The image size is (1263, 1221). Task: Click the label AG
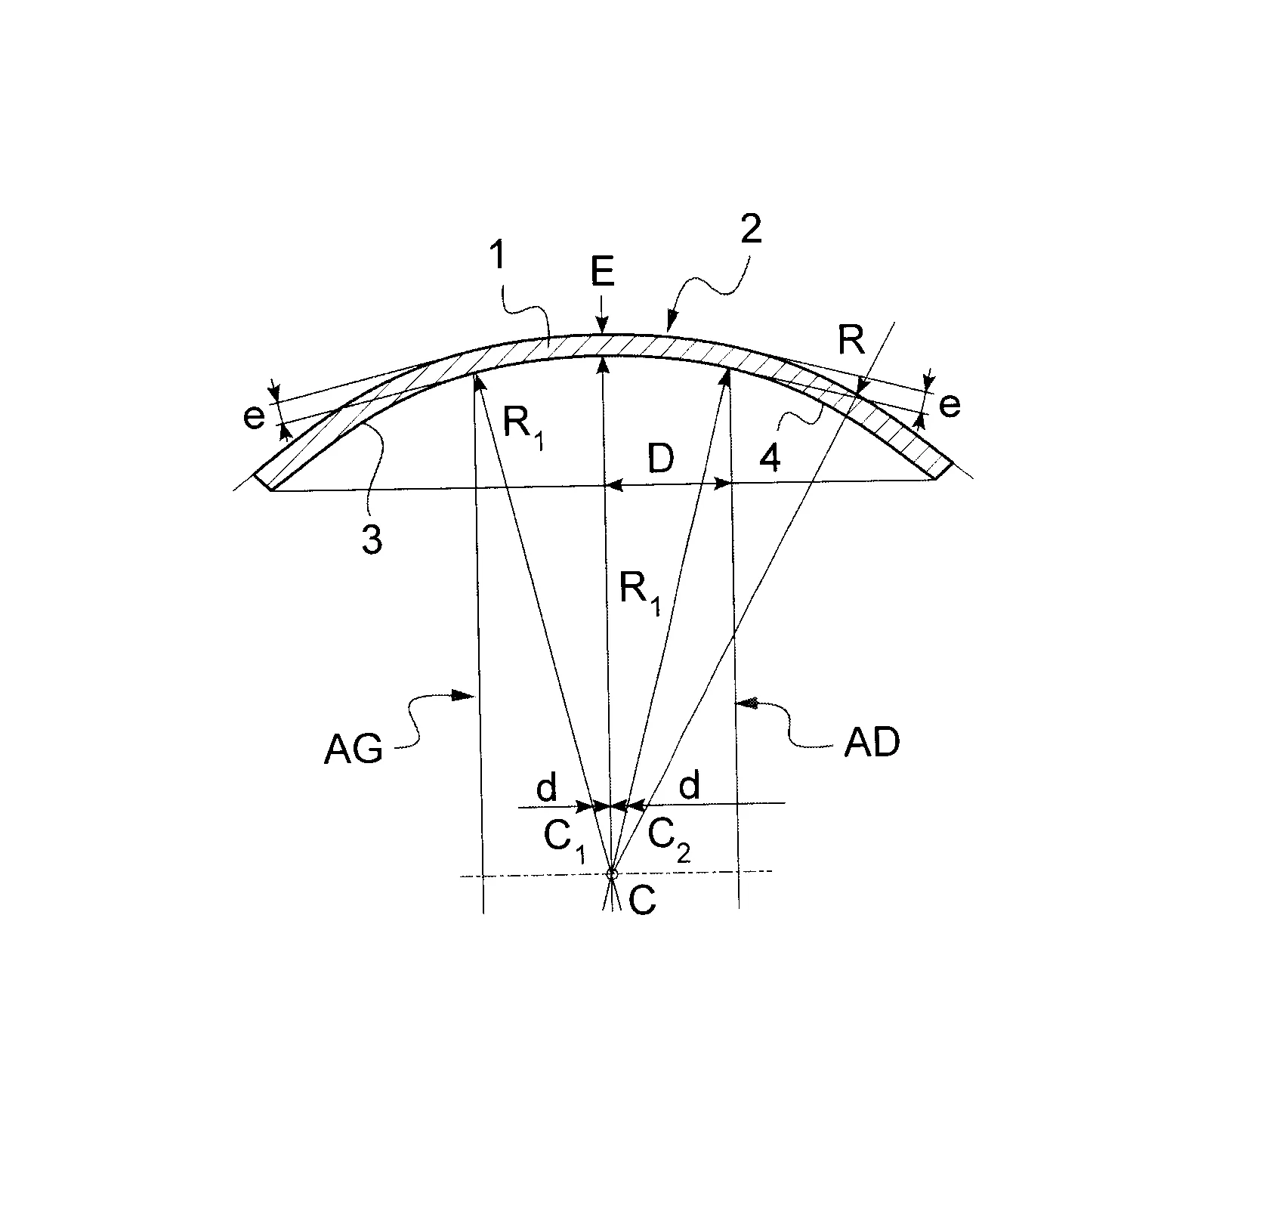coord(354,750)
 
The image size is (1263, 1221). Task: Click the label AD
coord(872,743)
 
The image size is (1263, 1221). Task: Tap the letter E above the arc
coord(603,274)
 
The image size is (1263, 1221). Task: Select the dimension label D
coord(662,459)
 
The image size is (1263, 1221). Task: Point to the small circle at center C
coord(613,874)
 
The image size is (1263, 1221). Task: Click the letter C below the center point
coord(642,901)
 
